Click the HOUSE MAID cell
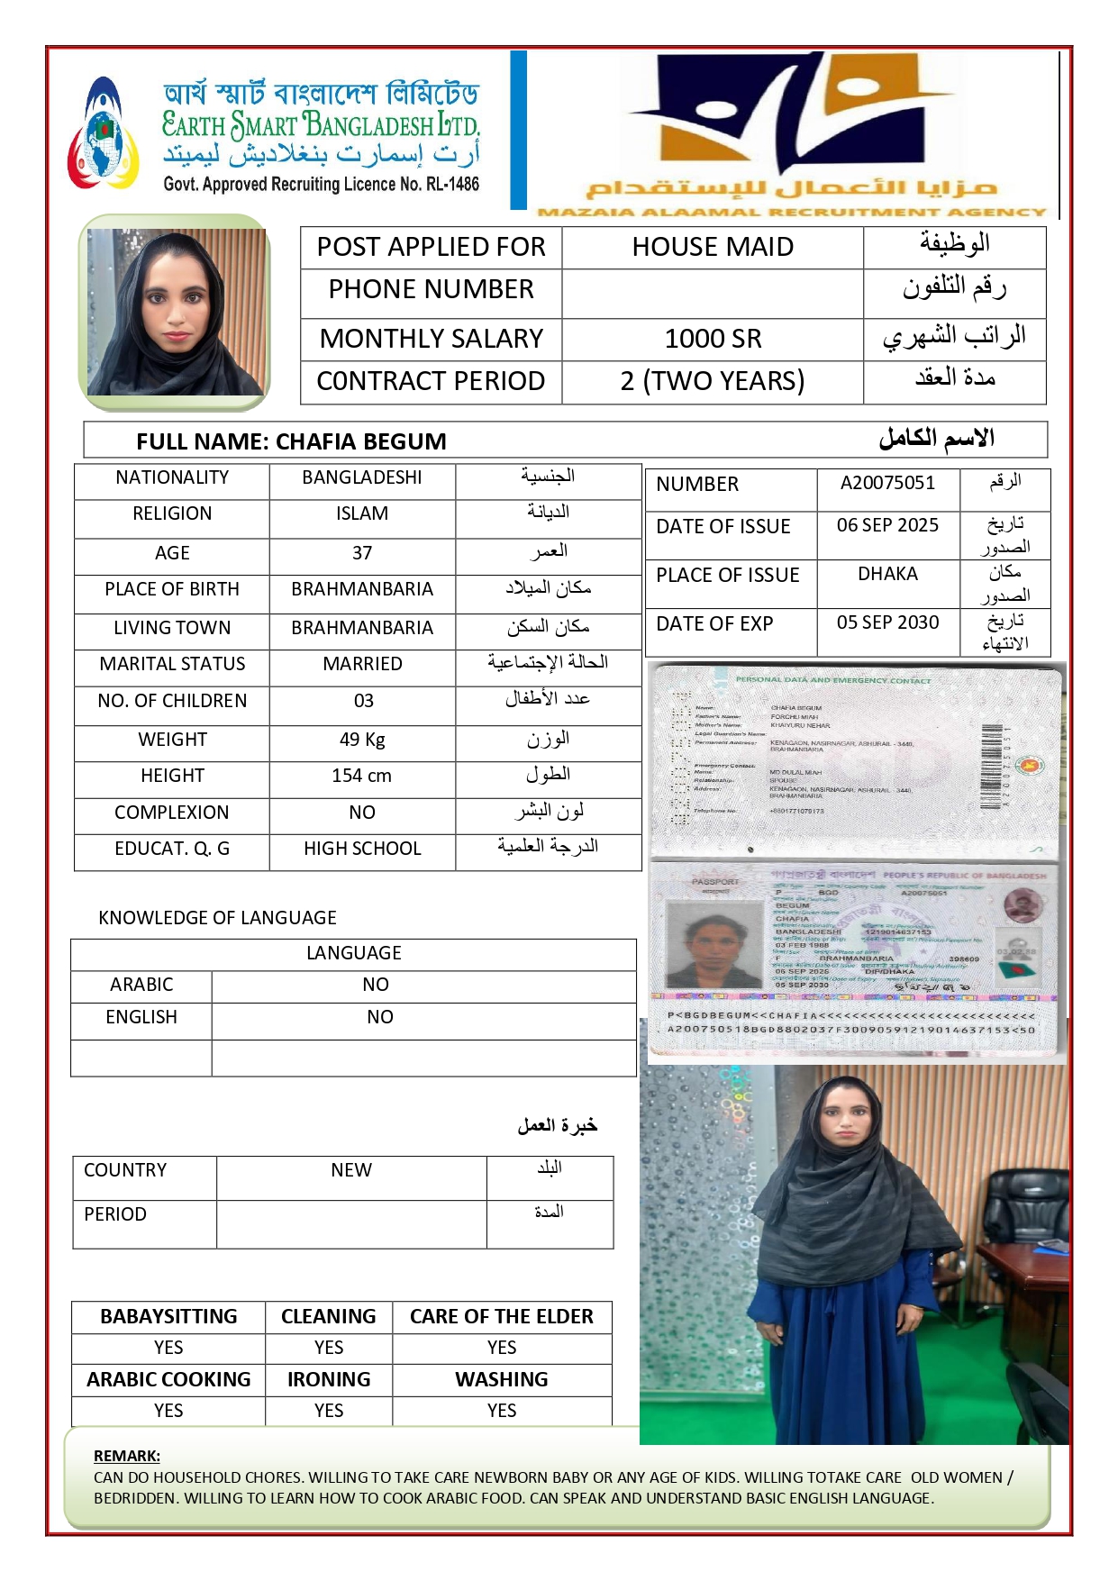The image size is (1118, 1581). pos(713,247)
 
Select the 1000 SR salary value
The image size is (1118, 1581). pos(713,339)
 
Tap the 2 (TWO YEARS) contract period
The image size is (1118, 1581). pos(713,381)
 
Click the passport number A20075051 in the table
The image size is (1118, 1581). pos(887,483)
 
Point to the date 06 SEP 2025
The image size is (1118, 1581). pos(887,525)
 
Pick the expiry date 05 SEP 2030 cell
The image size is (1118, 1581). pos(887,622)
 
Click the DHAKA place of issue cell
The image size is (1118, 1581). pos(887,574)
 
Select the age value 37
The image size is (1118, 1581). pos(362,553)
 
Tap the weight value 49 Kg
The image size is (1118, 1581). pos(362,740)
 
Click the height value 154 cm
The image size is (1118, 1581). pos(362,776)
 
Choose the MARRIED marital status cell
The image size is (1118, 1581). pos(362,664)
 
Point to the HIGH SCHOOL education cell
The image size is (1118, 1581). pos(362,849)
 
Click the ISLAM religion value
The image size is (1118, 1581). pos(362,513)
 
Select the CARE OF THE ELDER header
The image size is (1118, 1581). pos(502,1316)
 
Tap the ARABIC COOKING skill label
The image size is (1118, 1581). pos(168,1379)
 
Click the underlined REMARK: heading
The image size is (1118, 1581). pos(127,1456)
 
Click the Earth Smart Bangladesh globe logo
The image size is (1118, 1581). pos(104,135)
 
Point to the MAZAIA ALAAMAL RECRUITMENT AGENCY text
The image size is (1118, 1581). pos(791,213)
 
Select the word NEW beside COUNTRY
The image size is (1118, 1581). pos(351,1170)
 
